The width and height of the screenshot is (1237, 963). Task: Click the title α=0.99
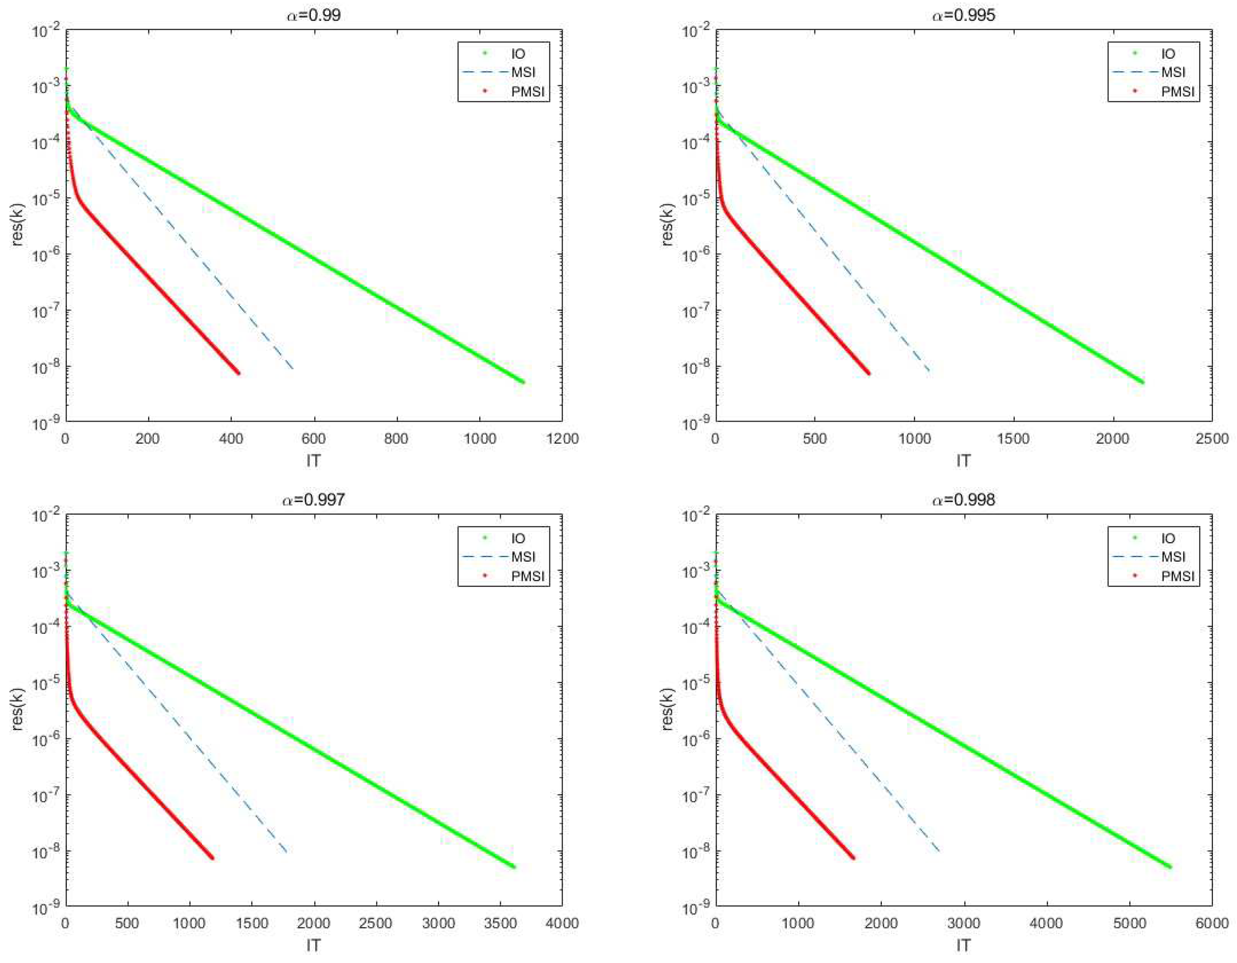tap(313, 15)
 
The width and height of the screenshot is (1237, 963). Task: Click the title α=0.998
tap(963, 499)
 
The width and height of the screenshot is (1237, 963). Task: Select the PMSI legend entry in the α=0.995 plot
tap(1177, 91)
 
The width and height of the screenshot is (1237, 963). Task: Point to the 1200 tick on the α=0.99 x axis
tap(561, 438)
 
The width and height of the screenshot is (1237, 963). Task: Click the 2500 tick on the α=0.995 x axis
tap(1212, 438)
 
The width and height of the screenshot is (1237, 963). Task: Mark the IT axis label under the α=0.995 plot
tap(963, 460)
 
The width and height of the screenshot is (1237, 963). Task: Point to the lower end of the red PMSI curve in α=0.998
tap(852, 858)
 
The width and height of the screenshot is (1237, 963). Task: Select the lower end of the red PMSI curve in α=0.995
tap(868, 373)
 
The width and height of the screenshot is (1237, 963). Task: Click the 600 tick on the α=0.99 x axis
tap(313, 438)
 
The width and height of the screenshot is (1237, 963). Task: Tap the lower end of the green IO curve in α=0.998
tap(1170, 867)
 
